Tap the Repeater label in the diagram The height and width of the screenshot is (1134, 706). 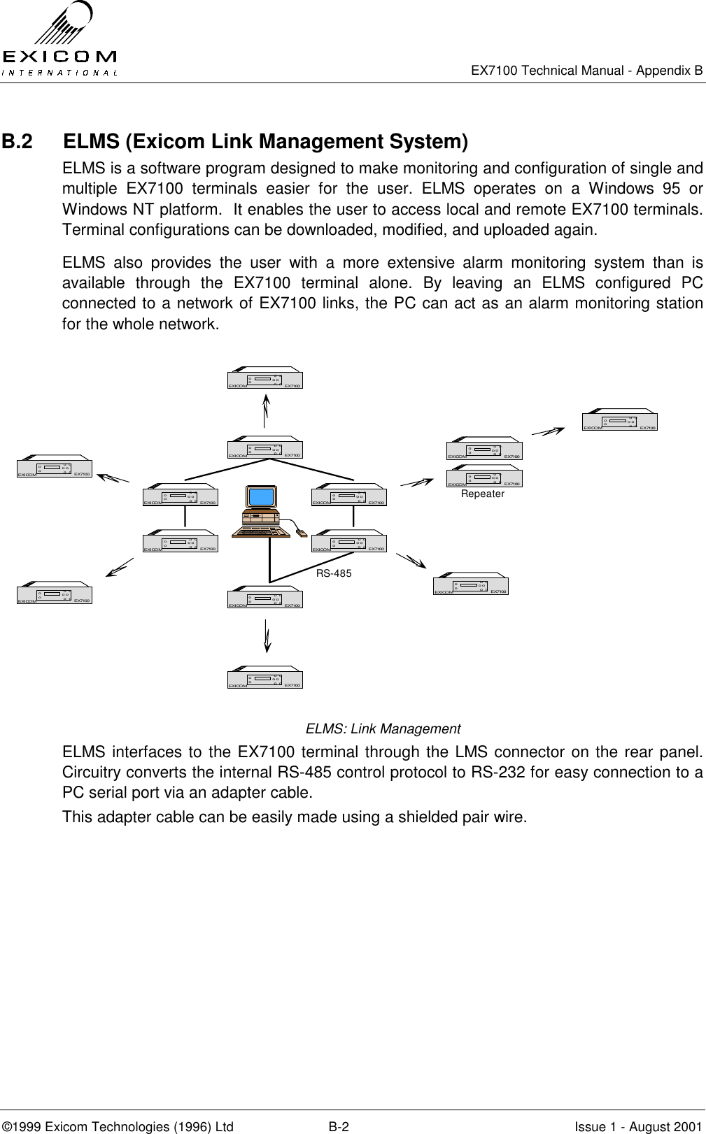click(483, 494)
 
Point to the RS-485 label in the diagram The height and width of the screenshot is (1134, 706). click(334, 573)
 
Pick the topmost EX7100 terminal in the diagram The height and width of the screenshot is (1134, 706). click(264, 378)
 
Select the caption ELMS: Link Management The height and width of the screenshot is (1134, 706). click(383, 729)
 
